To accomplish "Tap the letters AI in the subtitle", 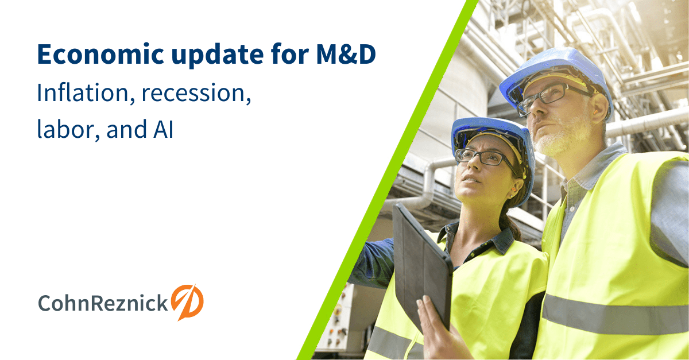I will click(x=163, y=130).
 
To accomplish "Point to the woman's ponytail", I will click(x=510, y=221).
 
